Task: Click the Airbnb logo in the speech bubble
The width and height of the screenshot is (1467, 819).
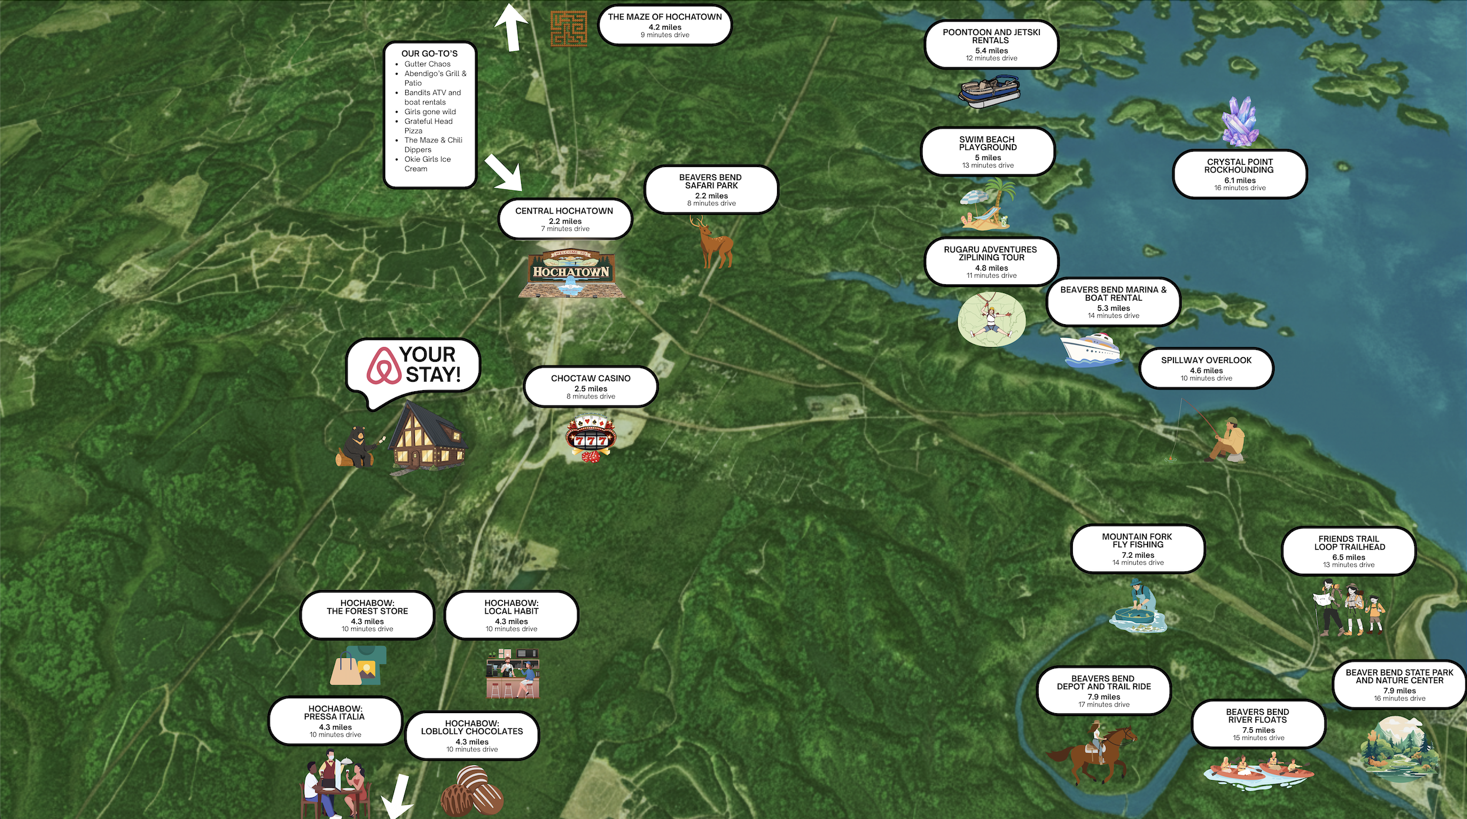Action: pos(384,365)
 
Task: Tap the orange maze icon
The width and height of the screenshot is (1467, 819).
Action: pos(568,28)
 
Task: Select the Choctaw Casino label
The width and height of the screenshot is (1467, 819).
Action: pos(591,387)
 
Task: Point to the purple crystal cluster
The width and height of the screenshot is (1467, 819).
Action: pos(1241,122)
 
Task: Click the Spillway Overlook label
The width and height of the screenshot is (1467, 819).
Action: pos(1206,368)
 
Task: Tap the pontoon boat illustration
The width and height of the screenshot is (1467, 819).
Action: pos(989,91)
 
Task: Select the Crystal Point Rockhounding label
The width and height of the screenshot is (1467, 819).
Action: pos(1239,174)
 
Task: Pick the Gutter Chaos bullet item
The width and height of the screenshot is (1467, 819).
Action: pos(427,64)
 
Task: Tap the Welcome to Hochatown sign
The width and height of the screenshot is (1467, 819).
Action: pos(571,274)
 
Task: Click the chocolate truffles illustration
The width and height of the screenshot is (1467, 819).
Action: pos(472,790)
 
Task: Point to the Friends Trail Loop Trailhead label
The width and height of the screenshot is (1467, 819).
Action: pos(1349,551)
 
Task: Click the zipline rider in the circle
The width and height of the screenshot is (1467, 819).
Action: pos(991,319)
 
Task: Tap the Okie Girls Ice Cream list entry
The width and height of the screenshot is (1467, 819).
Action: pos(427,164)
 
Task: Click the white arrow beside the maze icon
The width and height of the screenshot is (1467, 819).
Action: pos(511,26)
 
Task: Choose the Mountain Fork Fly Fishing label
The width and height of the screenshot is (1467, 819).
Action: pos(1137,548)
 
